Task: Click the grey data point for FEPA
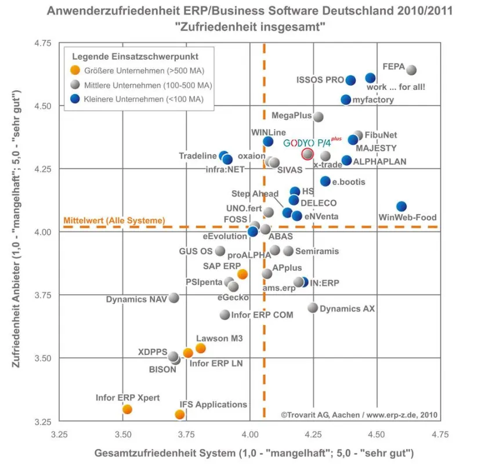click(x=411, y=70)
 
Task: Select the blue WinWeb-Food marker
click(x=402, y=206)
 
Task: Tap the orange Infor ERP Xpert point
click(x=127, y=409)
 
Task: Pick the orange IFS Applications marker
click(x=179, y=415)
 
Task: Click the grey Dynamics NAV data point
click(x=173, y=298)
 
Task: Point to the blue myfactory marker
click(x=346, y=100)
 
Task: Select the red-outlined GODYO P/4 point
click(x=308, y=154)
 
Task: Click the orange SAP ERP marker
click(x=243, y=274)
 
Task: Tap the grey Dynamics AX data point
click(x=313, y=307)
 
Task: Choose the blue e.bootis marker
click(x=325, y=181)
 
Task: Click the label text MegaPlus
click(x=291, y=115)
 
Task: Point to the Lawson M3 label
click(x=219, y=338)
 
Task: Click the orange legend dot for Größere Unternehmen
click(x=75, y=70)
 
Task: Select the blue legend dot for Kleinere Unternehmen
click(x=75, y=99)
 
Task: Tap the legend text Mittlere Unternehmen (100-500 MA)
click(x=148, y=85)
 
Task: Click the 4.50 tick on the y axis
click(x=42, y=106)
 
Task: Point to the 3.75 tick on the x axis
click(x=186, y=434)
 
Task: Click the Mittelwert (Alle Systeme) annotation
click(x=114, y=220)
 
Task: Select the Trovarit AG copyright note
click(x=359, y=415)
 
